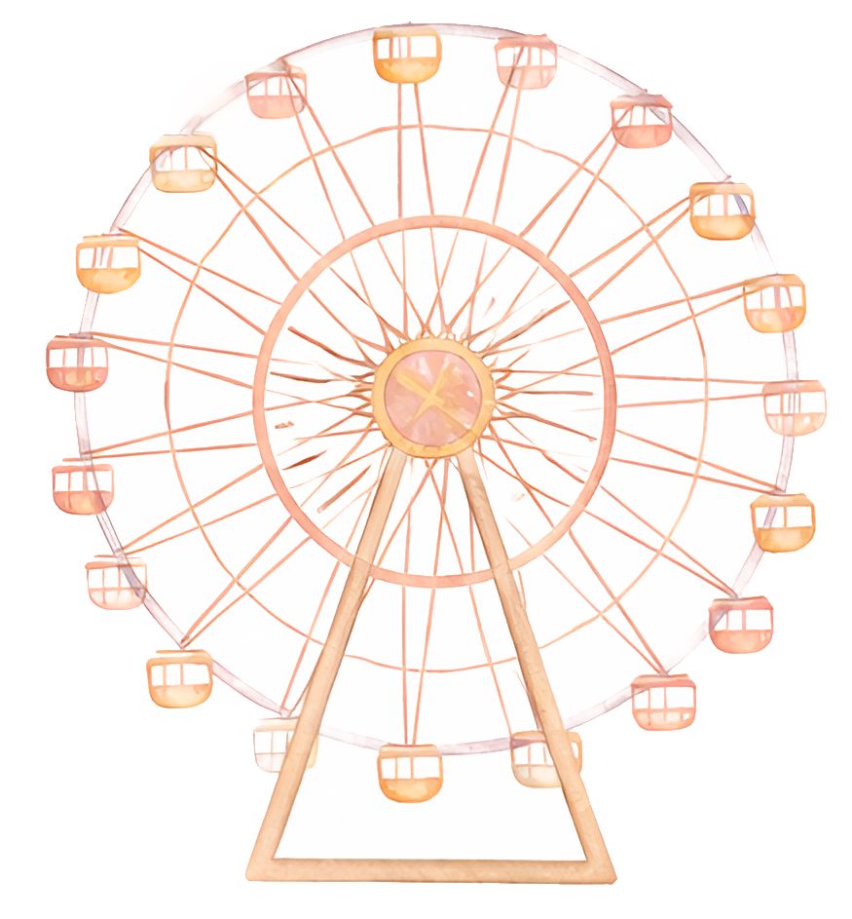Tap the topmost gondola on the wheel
pyautogui.click(x=407, y=56)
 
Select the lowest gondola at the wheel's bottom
pyautogui.click(x=409, y=773)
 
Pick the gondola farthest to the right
pyautogui.click(x=794, y=407)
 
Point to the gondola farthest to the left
pyautogui.click(x=77, y=363)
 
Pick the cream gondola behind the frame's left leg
pyautogui.click(x=278, y=743)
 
